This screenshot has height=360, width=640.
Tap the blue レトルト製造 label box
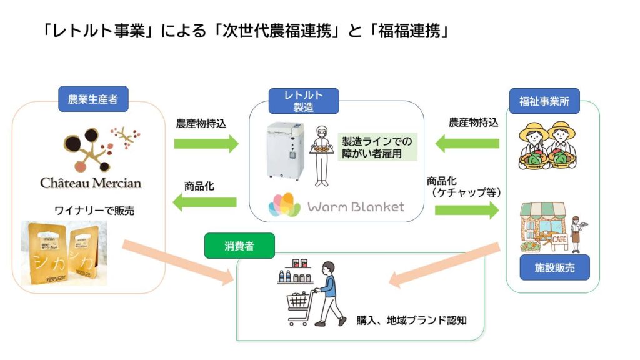click(x=304, y=101)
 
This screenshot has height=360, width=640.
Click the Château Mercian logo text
click(x=91, y=183)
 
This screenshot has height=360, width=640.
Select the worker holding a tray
click(x=321, y=156)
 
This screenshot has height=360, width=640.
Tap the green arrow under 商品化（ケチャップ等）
click(x=466, y=210)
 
